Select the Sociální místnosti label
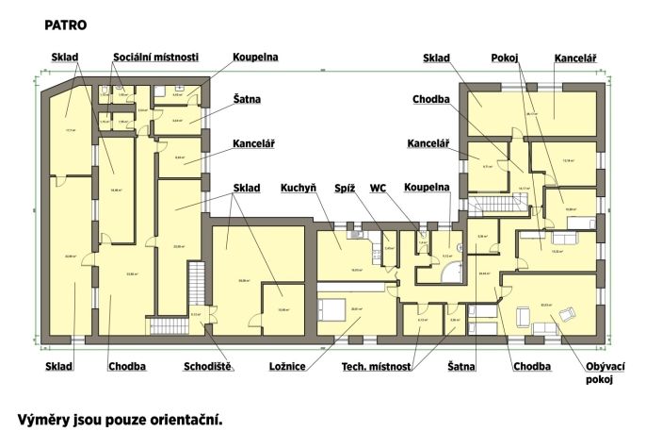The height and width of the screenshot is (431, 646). click(x=155, y=57)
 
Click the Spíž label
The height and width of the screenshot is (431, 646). click(x=345, y=188)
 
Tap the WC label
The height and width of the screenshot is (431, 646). click(x=379, y=188)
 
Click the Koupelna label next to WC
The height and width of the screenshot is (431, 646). click(x=428, y=188)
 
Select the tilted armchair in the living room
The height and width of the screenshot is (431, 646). click(x=569, y=312)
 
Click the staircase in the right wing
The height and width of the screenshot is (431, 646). click(x=491, y=205)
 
